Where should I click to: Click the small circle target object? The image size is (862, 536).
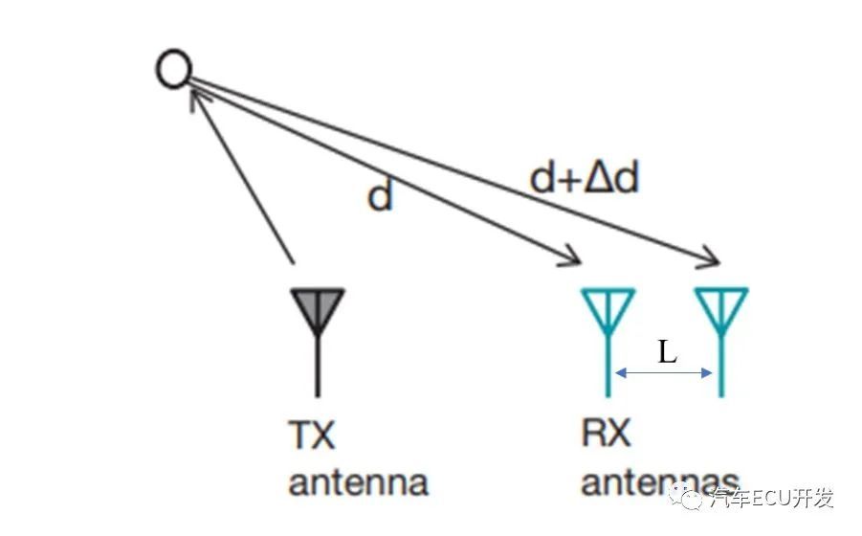point(174,69)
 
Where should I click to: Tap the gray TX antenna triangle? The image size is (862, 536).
point(317,308)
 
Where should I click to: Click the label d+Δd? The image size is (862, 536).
point(584,179)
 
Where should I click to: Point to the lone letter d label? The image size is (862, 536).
point(380,196)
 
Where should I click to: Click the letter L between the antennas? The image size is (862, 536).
point(667,352)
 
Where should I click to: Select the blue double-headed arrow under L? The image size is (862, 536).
point(664,373)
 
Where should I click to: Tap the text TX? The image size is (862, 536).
point(312,435)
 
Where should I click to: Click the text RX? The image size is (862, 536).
point(606,434)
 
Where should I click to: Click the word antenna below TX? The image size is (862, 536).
point(358,481)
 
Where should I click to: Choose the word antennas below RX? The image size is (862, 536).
point(660,481)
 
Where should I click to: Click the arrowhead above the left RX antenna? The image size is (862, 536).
point(570,257)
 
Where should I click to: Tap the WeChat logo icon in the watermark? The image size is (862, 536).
point(686,498)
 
